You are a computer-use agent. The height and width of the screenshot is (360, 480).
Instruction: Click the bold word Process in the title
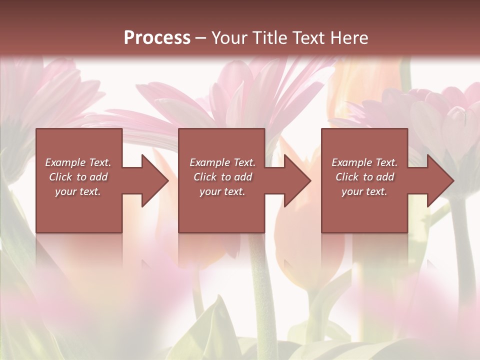157,38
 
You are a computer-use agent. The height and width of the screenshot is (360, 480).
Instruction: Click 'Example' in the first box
65,162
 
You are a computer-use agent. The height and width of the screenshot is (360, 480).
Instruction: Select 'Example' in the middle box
209,162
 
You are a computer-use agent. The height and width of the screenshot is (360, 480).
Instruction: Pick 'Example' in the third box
351,162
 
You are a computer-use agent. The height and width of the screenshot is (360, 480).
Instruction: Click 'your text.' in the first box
78,191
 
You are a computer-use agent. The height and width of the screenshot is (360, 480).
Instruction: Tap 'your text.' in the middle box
222,191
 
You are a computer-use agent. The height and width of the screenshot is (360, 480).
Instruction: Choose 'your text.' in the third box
364,191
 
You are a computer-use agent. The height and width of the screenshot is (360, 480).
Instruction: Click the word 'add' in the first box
99,177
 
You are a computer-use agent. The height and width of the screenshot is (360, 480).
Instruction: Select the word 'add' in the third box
385,177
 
